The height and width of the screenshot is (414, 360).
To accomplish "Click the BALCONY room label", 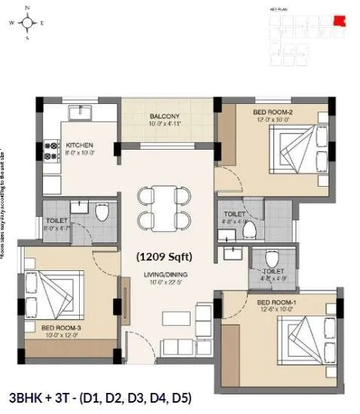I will pyautogui.click(x=163, y=116).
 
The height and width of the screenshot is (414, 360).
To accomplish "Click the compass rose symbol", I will pyautogui.click(x=28, y=23).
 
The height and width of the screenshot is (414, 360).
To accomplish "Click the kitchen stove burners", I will pyautogui.click(x=53, y=152).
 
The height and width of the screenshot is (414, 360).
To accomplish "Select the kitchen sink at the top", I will pyautogui.click(x=80, y=114).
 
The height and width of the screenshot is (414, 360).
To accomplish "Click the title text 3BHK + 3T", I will pyautogui.click(x=40, y=396).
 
